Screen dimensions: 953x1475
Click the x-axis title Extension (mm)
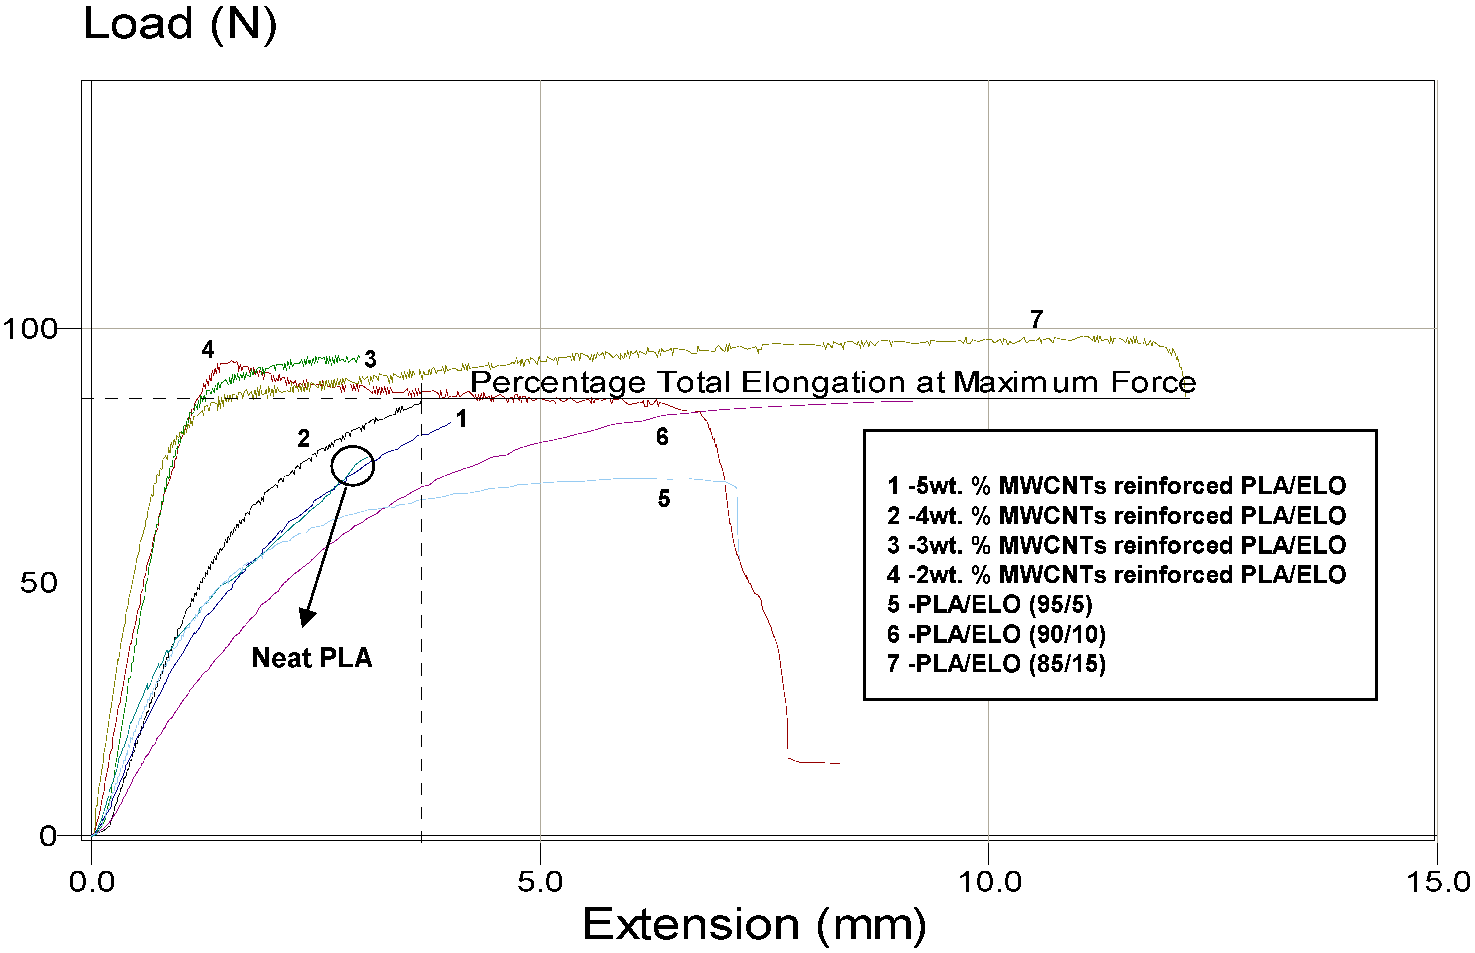[753, 925]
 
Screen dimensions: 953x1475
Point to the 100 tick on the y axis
[30, 329]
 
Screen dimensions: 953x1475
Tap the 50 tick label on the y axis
[38, 582]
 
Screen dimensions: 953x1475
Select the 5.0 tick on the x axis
[540, 881]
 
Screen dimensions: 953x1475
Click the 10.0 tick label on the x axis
[988, 881]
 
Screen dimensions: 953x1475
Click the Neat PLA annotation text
[312, 658]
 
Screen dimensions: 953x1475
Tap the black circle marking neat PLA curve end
[352, 466]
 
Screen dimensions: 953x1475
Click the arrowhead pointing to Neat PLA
[306, 618]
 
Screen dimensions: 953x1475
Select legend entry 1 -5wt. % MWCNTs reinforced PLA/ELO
[1116, 486]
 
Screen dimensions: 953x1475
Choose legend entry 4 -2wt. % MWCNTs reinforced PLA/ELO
[1116, 575]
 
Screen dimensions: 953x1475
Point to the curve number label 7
[1037, 319]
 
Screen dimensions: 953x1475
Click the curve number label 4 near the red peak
[208, 350]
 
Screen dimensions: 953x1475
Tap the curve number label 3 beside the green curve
[370, 359]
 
